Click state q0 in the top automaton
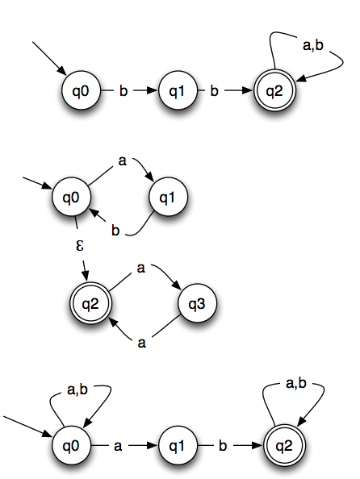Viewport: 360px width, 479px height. pyautogui.click(x=81, y=91)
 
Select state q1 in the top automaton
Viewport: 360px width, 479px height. pyautogui.click(x=178, y=91)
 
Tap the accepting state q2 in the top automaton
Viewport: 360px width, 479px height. pyautogui.click(x=274, y=91)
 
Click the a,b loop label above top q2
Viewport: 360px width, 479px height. pyautogui.click(x=313, y=45)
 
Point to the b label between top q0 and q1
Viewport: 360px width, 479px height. pyautogui.click(x=123, y=91)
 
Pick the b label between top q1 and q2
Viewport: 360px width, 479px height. pyautogui.click(x=215, y=91)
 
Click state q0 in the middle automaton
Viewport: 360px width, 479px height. pyautogui.click(x=71, y=198)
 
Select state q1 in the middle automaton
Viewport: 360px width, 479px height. pyautogui.click(x=168, y=198)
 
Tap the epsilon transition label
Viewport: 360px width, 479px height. pyautogui.click(x=80, y=245)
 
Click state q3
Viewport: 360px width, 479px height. pyautogui.click(x=197, y=303)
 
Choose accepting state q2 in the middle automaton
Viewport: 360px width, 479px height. pyautogui.click(x=91, y=303)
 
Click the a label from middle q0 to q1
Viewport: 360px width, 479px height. pyautogui.click(x=123, y=161)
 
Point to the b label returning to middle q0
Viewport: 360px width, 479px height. pyautogui.click(x=115, y=230)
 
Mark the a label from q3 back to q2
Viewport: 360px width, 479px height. pyautogui.click(x=141, y=344)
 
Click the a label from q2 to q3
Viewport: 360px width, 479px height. pyautogui.click(x=140, y=268)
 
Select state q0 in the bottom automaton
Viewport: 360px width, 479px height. pyautogui.click(x=71, y=445)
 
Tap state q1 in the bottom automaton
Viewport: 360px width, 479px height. pyautogui.click(x=178, y=445)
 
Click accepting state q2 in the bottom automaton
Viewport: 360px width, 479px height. pyautogui.click(x=284, y=445)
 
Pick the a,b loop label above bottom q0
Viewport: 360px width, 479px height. pyautogui.click(x=77, y=389)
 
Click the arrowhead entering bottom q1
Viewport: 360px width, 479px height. pyautogui.click(x=152, y=445)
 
